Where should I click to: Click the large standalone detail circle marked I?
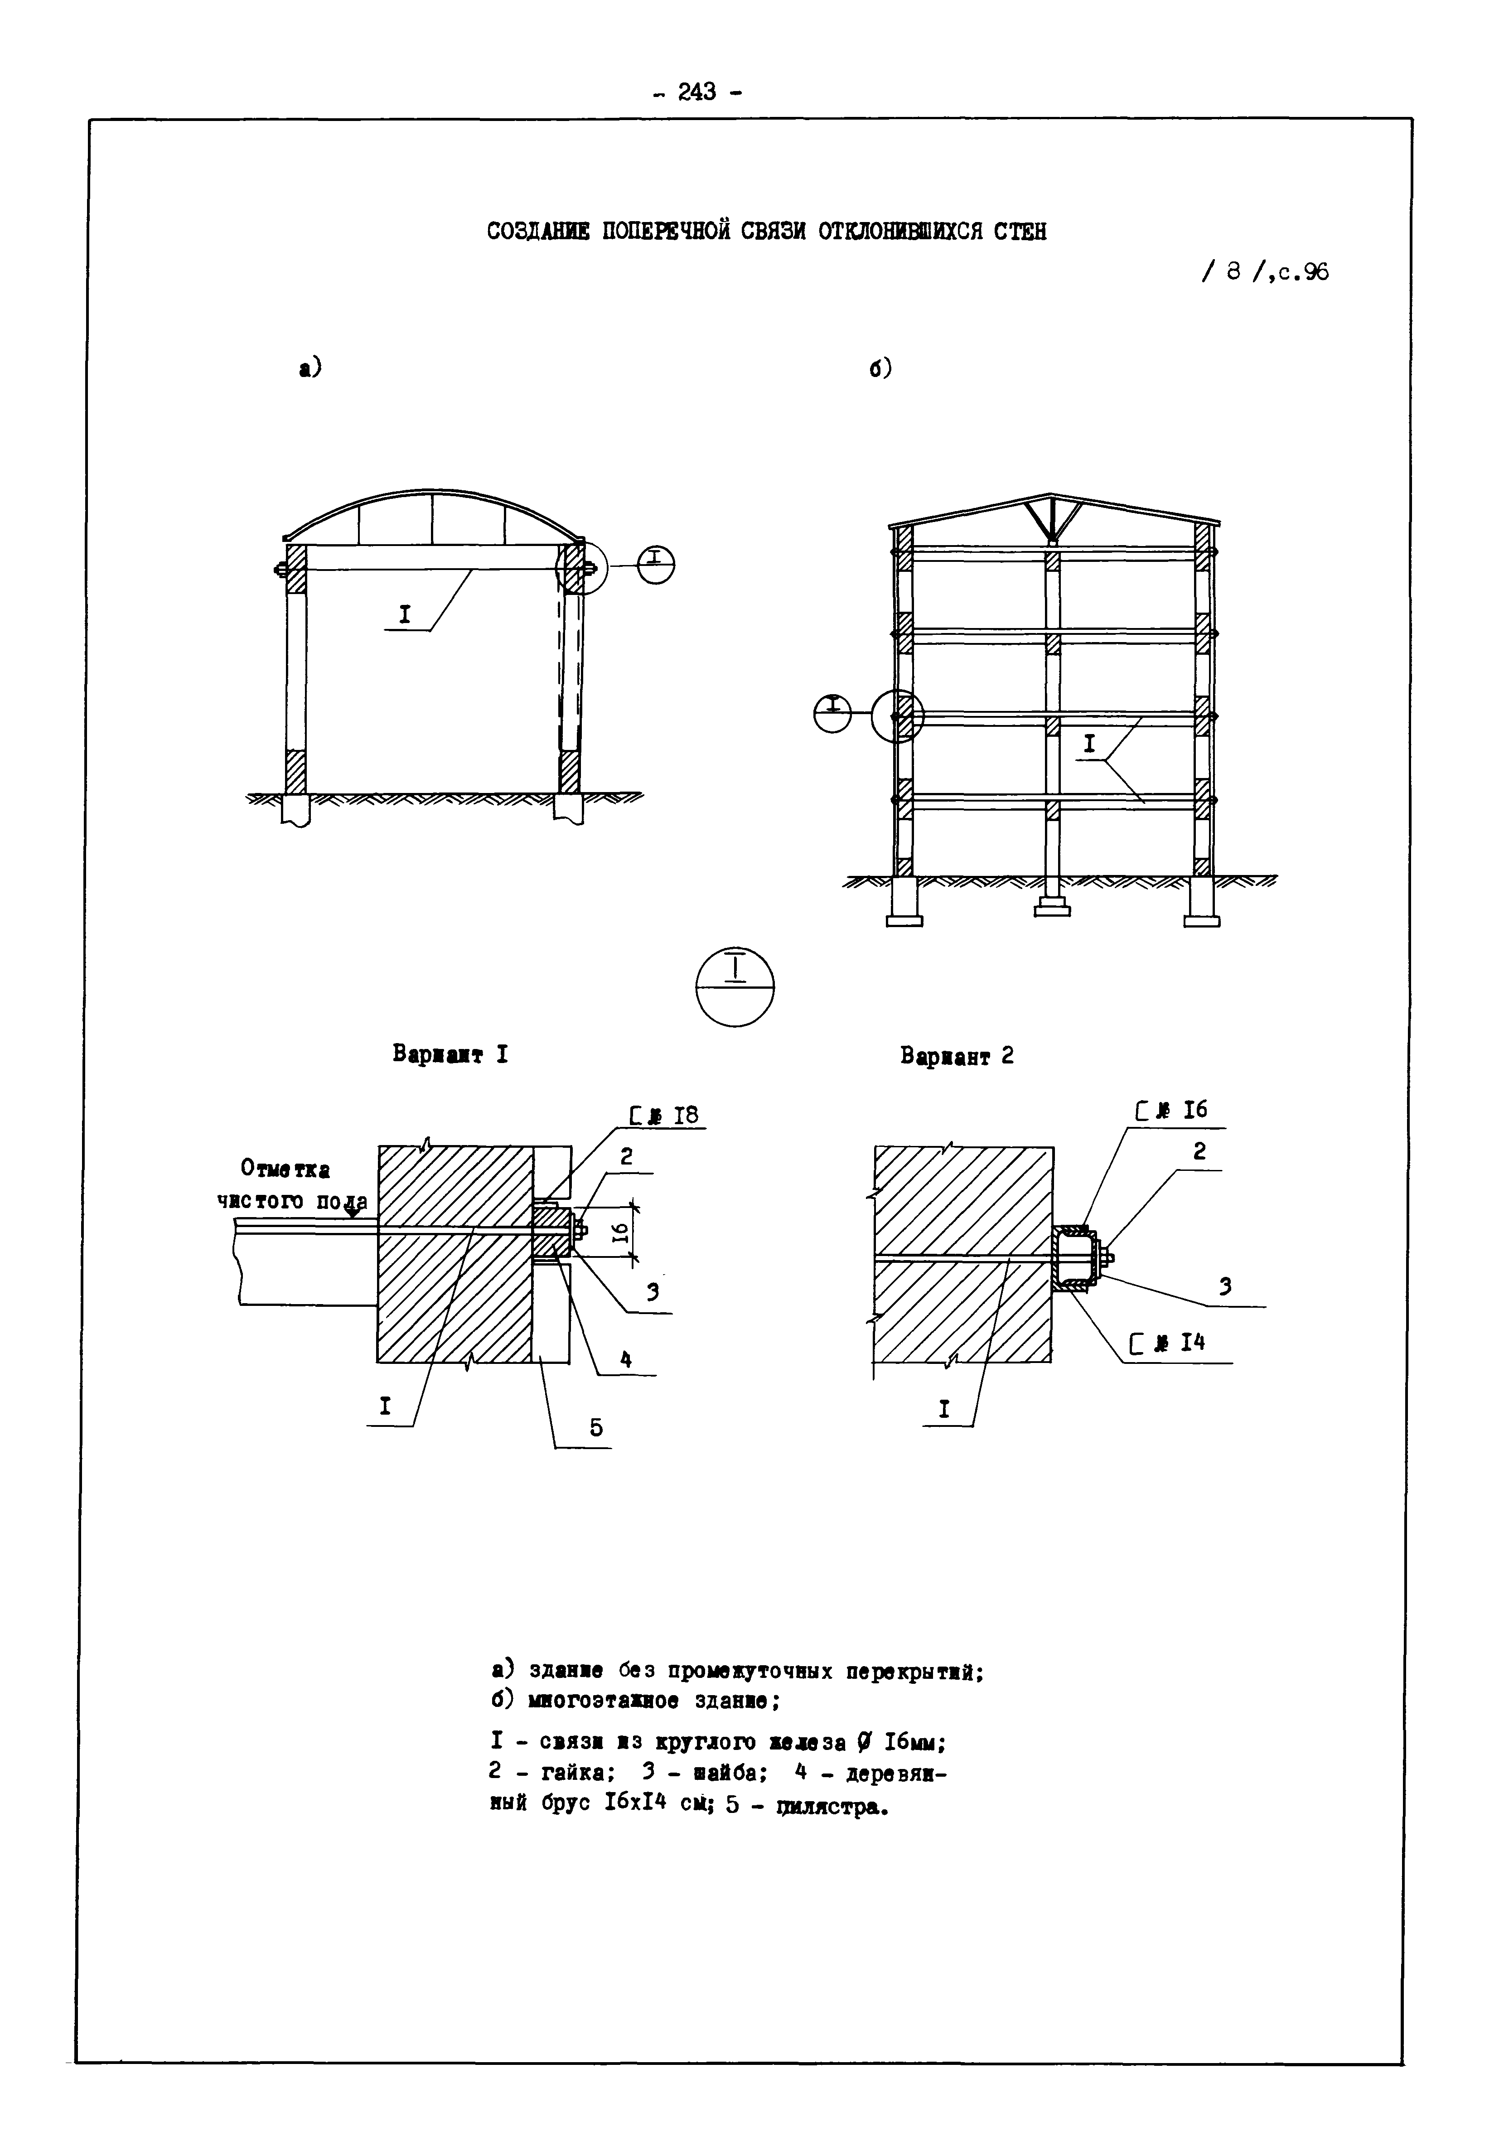pos(735,986)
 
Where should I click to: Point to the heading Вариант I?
pos(450,1055)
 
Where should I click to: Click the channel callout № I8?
pos(664,1115)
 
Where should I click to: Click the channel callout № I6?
pos(1171,1110)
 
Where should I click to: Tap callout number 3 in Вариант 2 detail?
pos(1225,1287)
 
